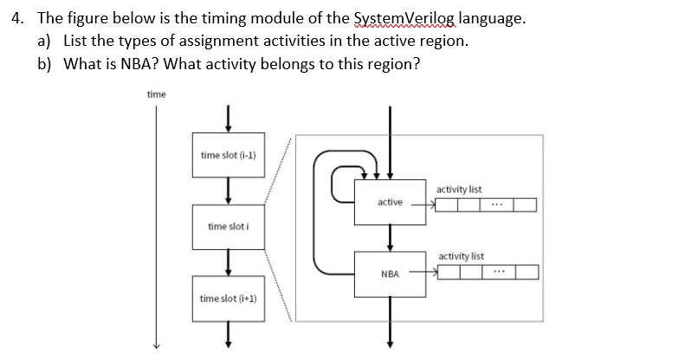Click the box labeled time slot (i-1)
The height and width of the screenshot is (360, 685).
[x=229, y=155]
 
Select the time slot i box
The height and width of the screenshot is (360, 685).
[x=229, y=227]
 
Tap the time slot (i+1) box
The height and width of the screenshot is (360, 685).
[x=229, y=298]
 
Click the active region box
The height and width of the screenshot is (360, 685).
[x=390, y=202]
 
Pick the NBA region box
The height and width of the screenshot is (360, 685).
[x=390, y=273]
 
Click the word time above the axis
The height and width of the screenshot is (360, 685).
[x=157, y=93]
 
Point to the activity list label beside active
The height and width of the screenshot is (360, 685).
[x=460, y=189]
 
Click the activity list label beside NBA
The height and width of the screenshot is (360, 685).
[x=462, y=257]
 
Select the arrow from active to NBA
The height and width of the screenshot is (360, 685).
[x=390, y=236]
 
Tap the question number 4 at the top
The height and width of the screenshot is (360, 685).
[x=17, y=20]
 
